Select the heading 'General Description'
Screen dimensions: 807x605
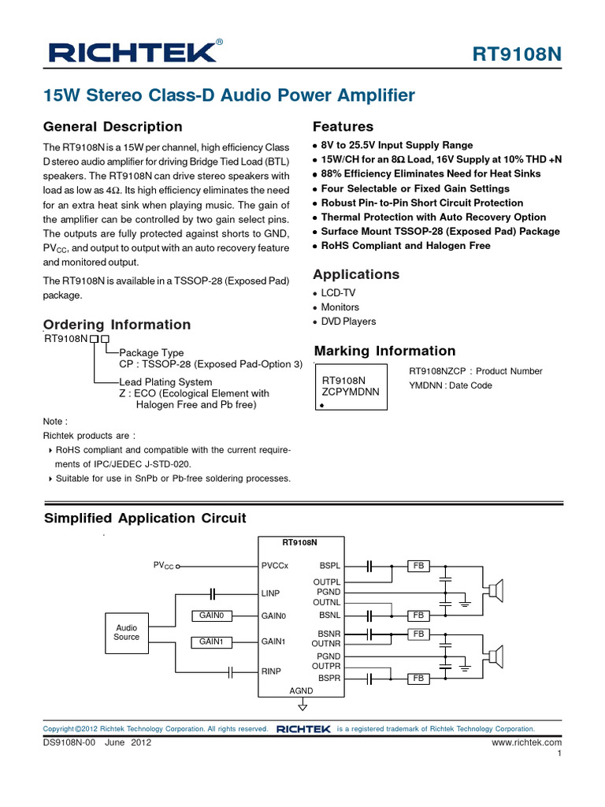click(113, 127)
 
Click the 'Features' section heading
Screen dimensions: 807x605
click(343, 127)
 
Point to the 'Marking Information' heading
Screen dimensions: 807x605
click(384, 351)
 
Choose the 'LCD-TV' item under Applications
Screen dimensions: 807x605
click(340, 293)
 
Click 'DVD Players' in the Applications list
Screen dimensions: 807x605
click(348, 322)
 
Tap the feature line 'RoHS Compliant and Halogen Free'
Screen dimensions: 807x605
click(405, 246)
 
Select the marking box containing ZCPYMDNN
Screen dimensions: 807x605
click(351, 386)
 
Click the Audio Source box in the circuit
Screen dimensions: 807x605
click(126, 632)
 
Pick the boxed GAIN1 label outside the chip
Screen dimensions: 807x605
click(211, 642)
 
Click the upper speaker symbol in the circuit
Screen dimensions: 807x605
click(494, 589)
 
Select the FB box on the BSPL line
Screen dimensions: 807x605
click(418, 567)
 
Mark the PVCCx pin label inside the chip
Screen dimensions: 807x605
click(276, 566)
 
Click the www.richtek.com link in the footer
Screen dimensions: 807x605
click(526, 742)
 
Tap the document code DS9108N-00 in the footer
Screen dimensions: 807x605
click(69, 742)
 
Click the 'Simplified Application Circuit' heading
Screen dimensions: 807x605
click(145, 519)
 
